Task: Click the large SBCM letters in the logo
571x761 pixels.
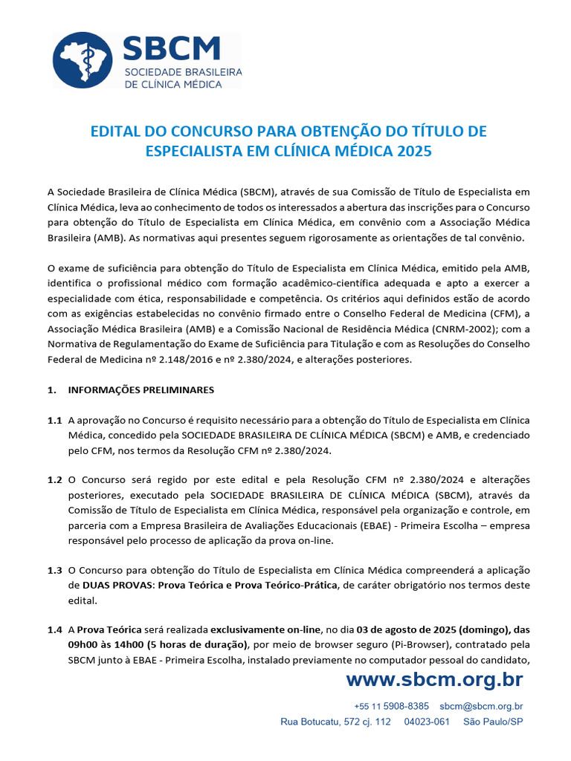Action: [172, 49]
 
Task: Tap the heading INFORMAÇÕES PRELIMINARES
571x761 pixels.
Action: [141, 389]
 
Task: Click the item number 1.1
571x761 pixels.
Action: [54, 420]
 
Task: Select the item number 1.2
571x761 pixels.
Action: [54, 480]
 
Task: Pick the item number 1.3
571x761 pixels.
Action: [54, 570]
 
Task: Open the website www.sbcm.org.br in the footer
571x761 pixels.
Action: [434, 679]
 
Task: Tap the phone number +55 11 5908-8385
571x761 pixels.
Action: [391, 706]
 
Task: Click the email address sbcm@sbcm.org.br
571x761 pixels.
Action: [481, 706]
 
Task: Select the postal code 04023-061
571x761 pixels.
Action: [427, 722]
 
